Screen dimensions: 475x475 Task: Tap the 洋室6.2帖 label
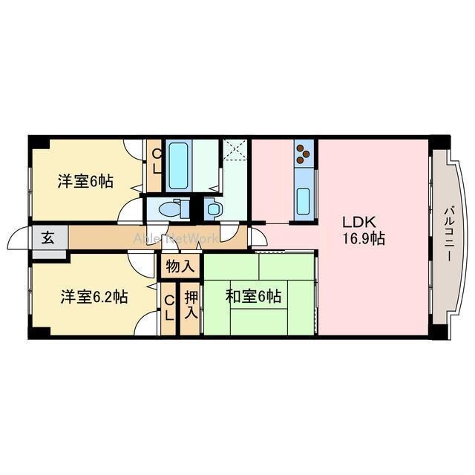point(94,297)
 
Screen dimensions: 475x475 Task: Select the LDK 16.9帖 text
point(363,230)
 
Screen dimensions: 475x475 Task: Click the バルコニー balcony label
point(448,234)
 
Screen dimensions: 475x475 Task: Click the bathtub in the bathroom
point(180,166)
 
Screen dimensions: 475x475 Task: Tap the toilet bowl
point(173,209)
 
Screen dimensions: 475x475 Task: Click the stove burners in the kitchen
point(303,154)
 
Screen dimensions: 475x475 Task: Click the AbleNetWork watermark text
point(175,238)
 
